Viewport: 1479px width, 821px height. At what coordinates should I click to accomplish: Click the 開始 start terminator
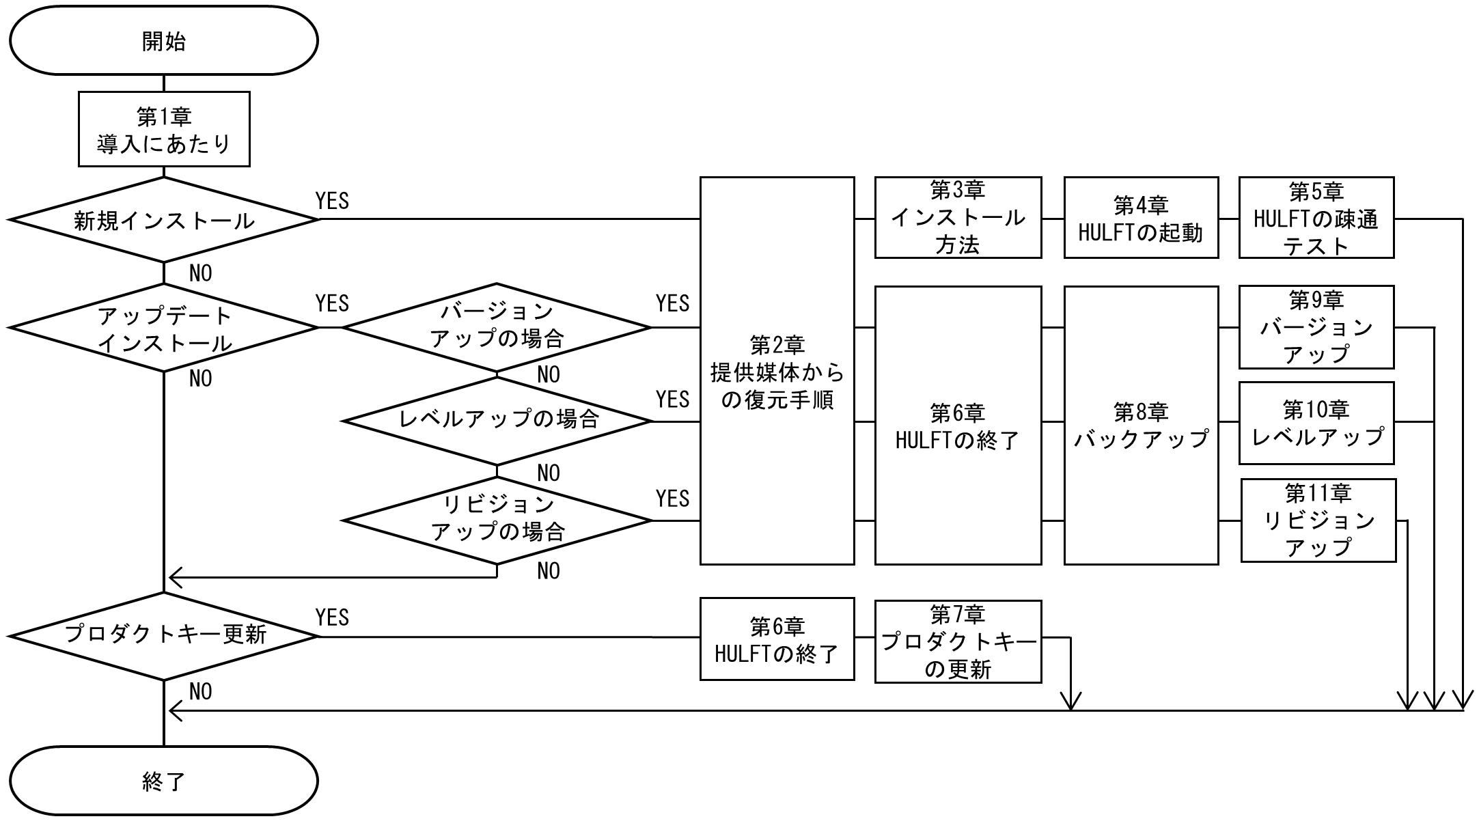164,40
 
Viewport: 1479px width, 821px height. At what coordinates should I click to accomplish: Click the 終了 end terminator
164,780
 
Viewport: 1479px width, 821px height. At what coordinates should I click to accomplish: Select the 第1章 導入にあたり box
164,129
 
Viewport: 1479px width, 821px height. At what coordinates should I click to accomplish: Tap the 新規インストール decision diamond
164,219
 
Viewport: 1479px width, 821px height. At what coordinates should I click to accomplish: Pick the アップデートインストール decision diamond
164,328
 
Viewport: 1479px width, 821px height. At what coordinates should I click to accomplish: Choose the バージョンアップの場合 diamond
497,328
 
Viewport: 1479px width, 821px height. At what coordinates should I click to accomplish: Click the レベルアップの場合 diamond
497,421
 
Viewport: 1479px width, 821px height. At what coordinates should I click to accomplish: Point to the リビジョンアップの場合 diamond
497,520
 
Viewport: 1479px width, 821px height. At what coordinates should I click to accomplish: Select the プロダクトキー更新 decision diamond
164,636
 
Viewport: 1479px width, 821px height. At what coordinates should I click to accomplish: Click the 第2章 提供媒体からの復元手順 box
777,371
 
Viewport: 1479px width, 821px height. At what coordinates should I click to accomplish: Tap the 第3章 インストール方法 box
958,218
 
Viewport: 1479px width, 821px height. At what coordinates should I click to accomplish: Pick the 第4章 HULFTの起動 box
1142,218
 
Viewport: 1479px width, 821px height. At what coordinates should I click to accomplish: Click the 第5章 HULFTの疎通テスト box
1316,218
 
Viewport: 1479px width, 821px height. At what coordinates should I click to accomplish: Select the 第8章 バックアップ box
1142,426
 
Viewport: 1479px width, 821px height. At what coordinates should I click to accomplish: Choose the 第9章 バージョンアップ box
1316,327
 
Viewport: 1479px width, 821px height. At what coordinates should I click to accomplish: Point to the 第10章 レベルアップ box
1316,423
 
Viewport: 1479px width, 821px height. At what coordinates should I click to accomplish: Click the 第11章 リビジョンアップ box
1318,520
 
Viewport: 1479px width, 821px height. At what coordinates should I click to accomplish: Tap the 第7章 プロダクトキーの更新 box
958,641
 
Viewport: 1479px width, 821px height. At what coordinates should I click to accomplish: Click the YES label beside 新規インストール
332,201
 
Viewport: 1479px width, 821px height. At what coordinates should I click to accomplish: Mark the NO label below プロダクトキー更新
200,691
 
